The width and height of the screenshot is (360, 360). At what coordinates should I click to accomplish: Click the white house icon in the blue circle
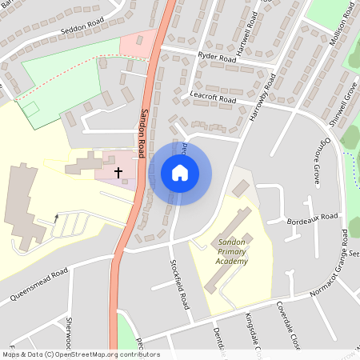click(x=180, y=173)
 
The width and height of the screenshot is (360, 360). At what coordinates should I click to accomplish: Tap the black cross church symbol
click(x=118, y=171)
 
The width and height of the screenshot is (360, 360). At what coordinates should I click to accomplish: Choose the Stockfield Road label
click(x=180, y=284)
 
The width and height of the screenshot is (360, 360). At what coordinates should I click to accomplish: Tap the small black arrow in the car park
click(x=56, y=217)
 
